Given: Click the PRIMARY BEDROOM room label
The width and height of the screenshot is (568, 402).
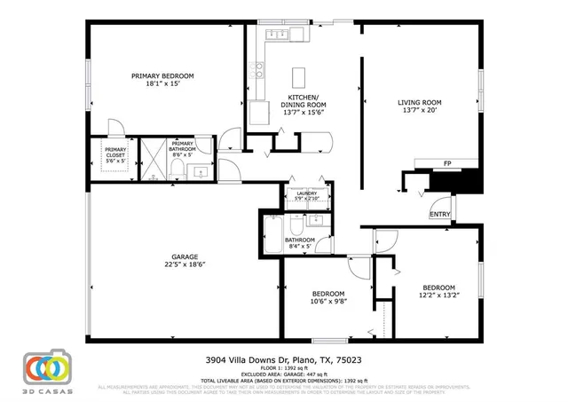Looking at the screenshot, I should point(162,76).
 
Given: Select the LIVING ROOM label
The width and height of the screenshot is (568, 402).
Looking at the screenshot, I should point(420,103).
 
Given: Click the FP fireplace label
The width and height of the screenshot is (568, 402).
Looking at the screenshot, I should point(447,164).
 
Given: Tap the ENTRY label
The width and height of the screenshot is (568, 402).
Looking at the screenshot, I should point(439,214).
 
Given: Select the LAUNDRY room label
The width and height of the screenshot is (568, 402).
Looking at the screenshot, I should point(306,193).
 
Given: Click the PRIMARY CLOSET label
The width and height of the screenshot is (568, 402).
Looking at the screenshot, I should point(115,153).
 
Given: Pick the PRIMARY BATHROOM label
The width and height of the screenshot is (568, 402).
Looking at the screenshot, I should point(183,146).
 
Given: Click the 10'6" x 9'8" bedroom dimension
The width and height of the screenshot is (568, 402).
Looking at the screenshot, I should point(316,302).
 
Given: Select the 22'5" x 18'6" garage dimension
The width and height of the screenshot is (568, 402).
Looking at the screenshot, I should point(185,264).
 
